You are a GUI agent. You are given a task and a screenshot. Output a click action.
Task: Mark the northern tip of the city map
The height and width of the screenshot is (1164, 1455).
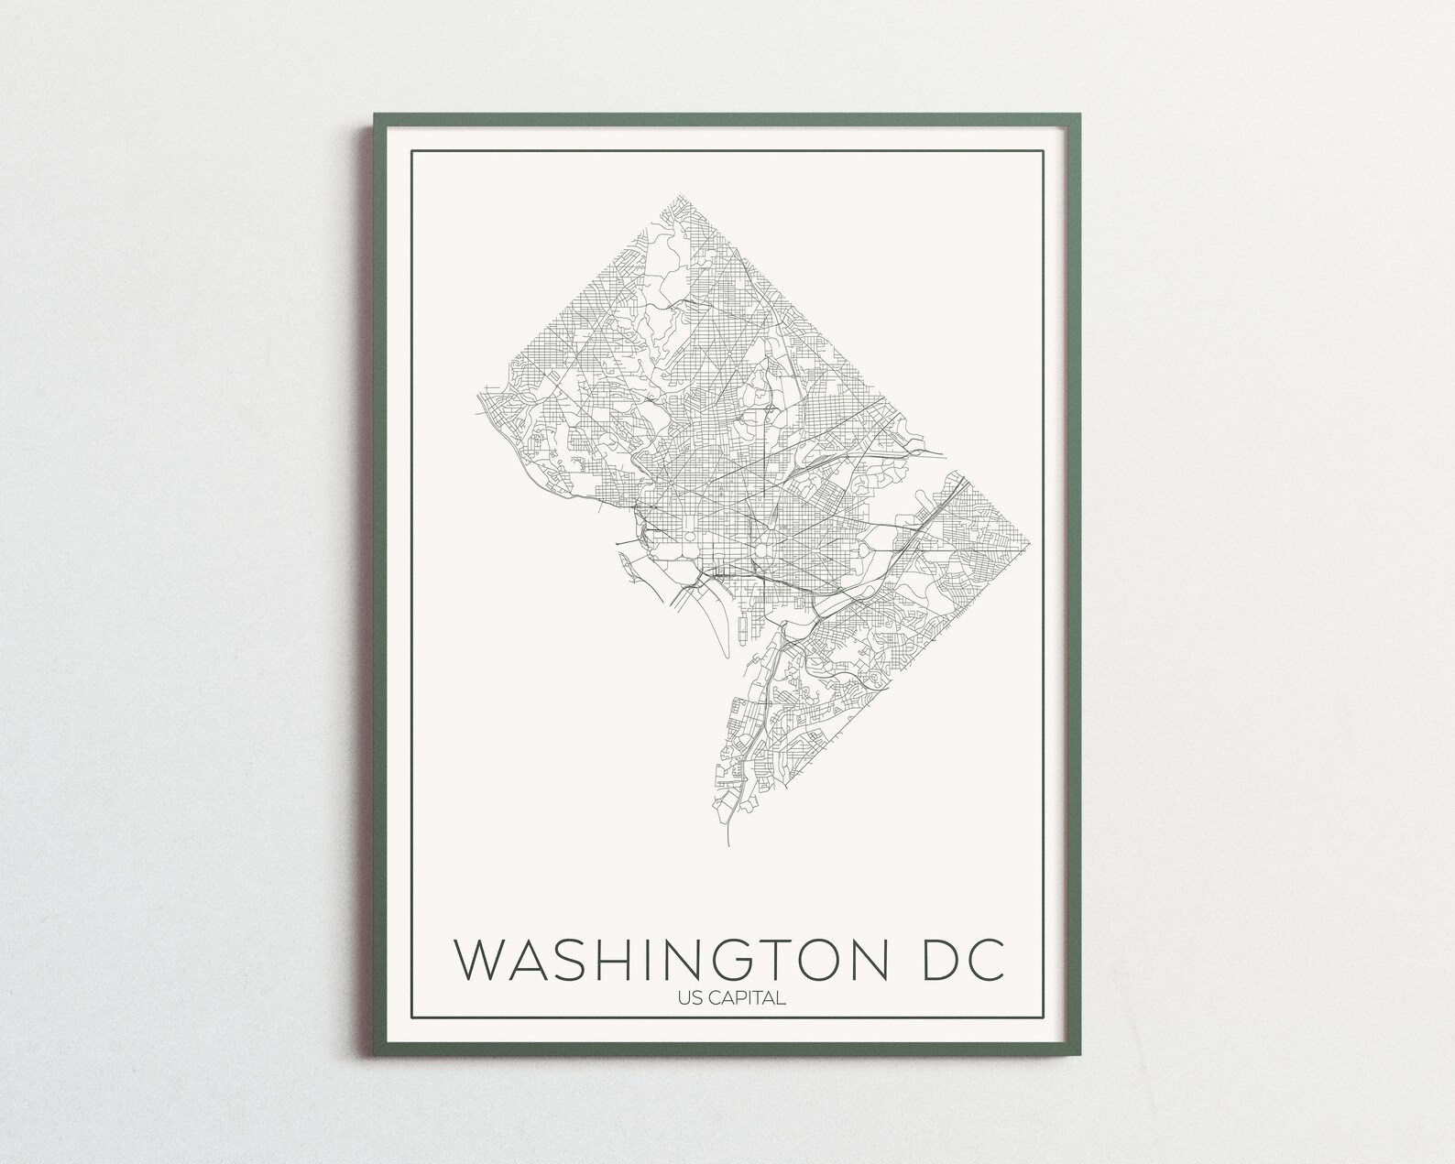(679, 194)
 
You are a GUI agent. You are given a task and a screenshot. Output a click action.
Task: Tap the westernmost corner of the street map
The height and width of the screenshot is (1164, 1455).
(476, 397)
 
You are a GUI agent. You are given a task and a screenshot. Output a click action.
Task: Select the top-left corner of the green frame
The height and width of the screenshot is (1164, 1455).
(375, 115)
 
